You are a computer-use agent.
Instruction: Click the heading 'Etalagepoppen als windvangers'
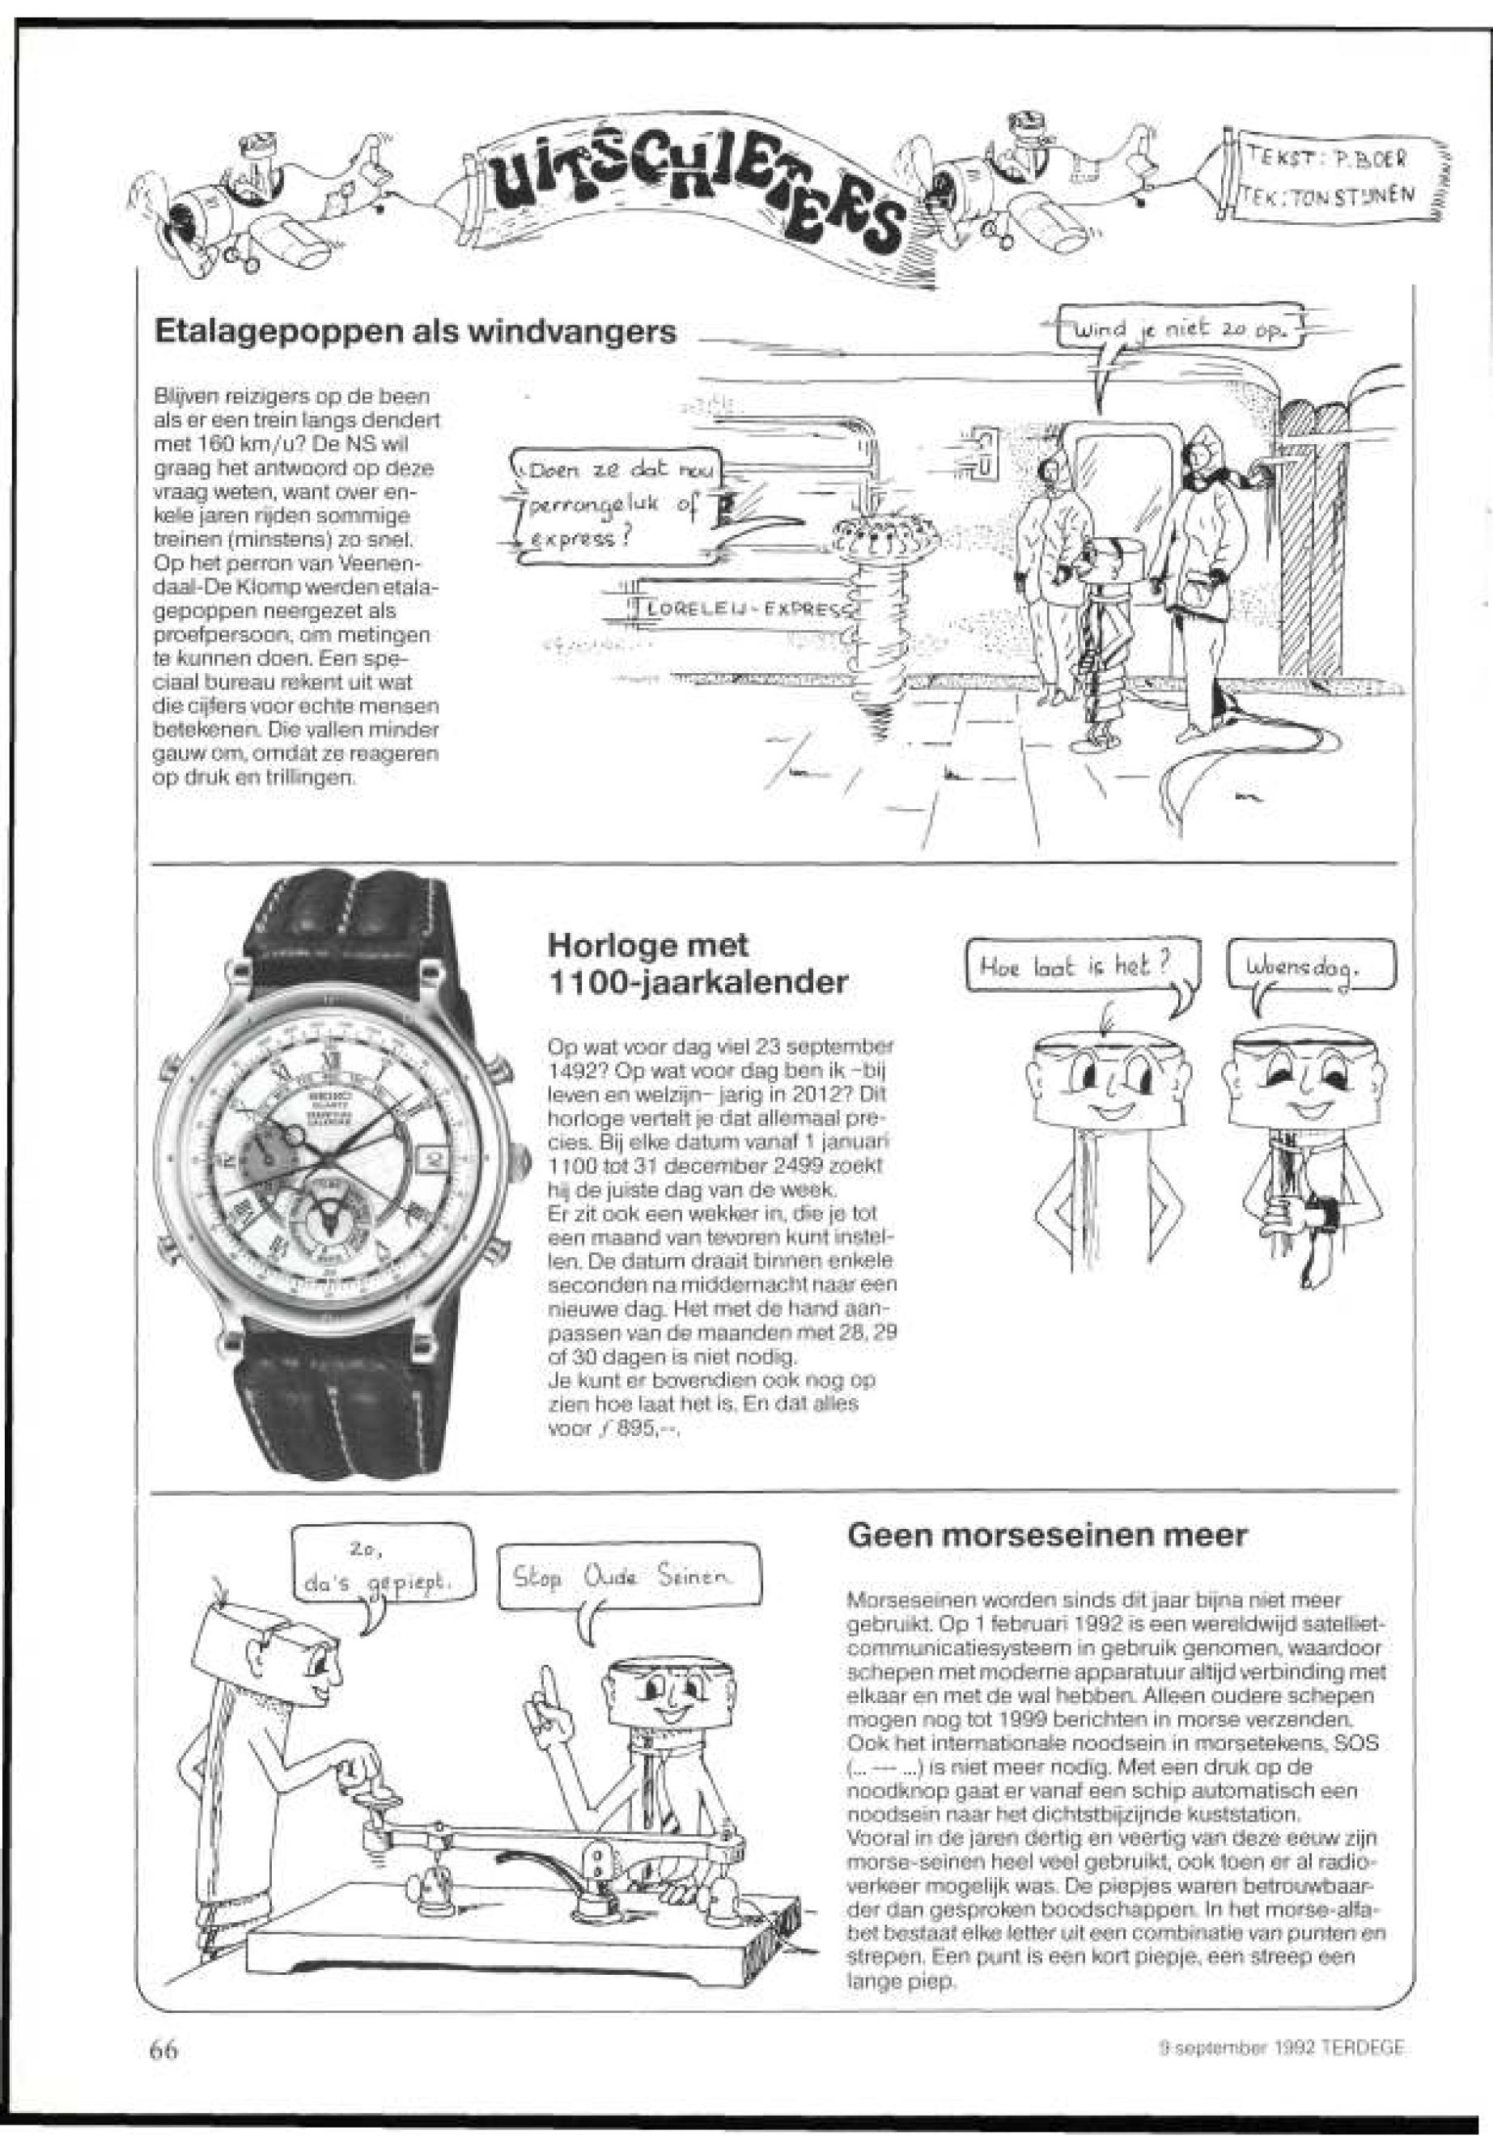[x=414, y=331]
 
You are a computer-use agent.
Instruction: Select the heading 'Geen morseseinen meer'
[x=1047, y=1535]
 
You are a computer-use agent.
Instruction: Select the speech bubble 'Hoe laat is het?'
[x=1080, y=964]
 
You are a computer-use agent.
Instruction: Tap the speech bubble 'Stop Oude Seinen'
[x=629, y=1578]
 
